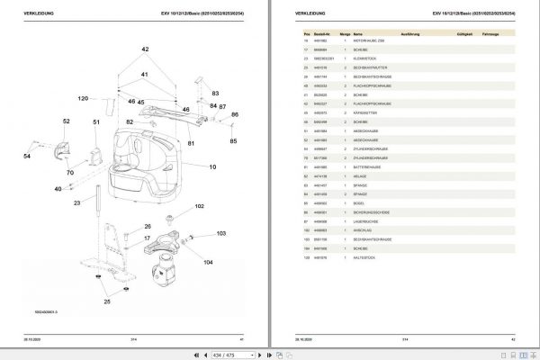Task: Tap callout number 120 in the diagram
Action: click(83, 98)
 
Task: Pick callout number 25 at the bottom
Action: click(106, 301)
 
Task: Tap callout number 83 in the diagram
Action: click(215, 93)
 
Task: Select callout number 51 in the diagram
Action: click(96, 121)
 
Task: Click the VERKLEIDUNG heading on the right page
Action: click(307, 13)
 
